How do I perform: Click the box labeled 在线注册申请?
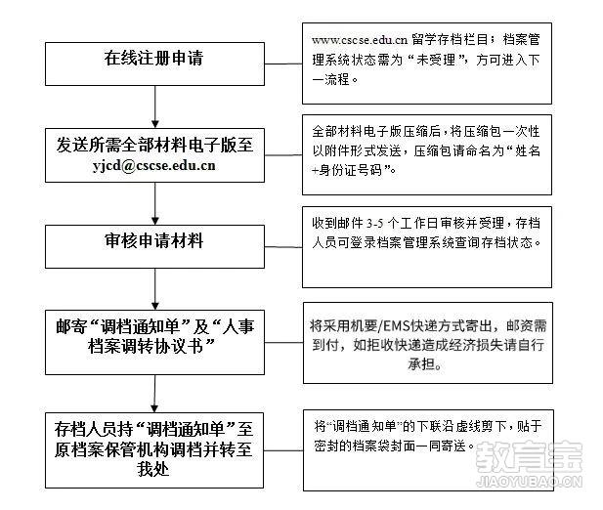point(154,64)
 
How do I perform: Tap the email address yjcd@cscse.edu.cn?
point(153,166)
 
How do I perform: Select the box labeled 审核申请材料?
point(154,246)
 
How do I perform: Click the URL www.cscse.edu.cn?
point(360,40)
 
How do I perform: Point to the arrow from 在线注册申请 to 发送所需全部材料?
point(155,106)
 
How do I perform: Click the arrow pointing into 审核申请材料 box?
point(155,203)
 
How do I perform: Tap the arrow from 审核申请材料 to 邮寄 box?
point(155,289)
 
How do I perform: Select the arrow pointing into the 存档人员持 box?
point(154,394)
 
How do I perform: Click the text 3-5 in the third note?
point(375,224)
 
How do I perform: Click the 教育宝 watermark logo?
point(529,456)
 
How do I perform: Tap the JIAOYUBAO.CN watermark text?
point(529,482)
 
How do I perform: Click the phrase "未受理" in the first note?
point(437,60)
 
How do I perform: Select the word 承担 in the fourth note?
point(421,364)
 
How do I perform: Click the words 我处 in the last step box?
point(153,469)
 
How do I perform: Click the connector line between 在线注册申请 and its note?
point(283,64)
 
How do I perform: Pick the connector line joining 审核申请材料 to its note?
point(283,247)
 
